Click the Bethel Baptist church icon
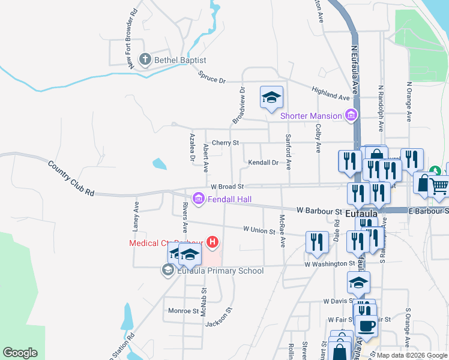coord(145,59)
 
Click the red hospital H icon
coord(212,242)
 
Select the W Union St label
coord(259,230)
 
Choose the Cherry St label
coord(225,143)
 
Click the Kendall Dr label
coord(263,163)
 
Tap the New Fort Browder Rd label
coord(132,37)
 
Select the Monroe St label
coord(183,311)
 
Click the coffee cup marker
coord(366,326)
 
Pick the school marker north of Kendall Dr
coord(271,97)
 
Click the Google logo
coord(20,353)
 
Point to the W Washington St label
coord(330,264)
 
